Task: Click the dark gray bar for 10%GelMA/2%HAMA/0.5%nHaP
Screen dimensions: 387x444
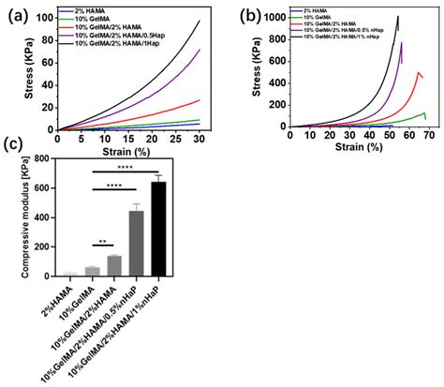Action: (x=136, y=244)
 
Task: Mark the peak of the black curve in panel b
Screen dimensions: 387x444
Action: (x=397, y=16)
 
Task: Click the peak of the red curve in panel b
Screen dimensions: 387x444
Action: (x=418, y=72)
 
